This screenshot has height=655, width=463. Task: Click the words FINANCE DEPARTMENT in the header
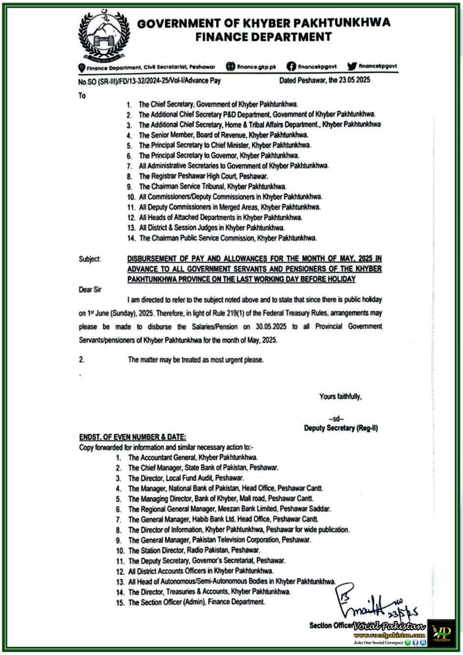tap(263, 37)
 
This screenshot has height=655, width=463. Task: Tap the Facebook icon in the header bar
tap(291, 66)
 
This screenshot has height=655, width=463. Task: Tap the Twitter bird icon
tap(352, 66)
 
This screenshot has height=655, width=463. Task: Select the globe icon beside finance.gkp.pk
tap(230, 66)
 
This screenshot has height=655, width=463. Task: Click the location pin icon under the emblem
tap(82, 68)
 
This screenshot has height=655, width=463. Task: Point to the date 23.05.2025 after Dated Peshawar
tap(355, 80)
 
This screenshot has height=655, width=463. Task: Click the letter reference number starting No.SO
tap(149, 81)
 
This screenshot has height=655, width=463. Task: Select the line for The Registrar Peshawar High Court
tap(203, 176)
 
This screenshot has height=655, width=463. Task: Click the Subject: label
tap(90, 259)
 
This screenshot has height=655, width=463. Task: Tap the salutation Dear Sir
tap(90, 289)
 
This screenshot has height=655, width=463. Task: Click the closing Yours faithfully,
tap(340, 396)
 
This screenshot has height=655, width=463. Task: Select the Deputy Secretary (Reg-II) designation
tap(341, 428)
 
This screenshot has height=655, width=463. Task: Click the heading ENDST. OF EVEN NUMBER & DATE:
tap(132, 437)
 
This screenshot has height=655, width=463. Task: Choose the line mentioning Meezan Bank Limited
tap(229, 509)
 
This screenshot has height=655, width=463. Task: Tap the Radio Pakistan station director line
tap(194, 550)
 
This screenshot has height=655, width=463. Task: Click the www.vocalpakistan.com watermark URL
tap(389, 635)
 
